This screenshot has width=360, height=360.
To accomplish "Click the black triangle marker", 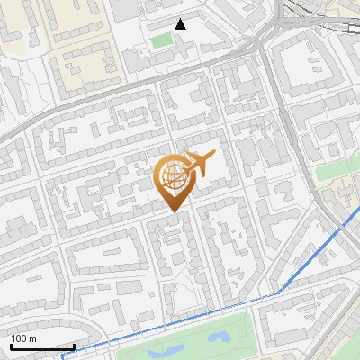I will [x=181, y=24].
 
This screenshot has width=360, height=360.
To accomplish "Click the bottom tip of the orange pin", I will [x=174, y=211].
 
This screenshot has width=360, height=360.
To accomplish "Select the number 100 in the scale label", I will [x=20, y=338].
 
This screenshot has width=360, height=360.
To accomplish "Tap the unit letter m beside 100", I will [x=33, y=338].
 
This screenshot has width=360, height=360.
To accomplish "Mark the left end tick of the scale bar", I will [x=10, y=346].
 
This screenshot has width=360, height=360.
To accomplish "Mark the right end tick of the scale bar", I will [x=74, y=346].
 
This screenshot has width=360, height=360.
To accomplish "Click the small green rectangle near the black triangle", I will [x=162, y=40].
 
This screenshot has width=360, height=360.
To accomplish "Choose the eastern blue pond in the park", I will [x=219, y=337].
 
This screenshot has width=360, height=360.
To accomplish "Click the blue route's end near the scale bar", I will [x=63, y=356].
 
